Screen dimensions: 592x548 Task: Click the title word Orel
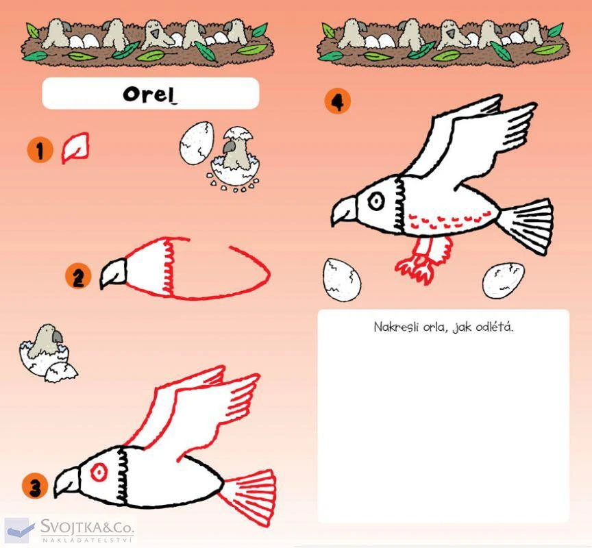click(150, 94)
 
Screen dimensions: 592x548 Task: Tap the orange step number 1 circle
click(40, 150)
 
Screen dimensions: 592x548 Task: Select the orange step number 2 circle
click(78, 277)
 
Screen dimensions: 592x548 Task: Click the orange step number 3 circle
click(35, 486)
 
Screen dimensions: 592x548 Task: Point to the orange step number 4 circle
click(338, 101)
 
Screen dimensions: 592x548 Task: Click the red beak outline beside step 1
click(75, 148)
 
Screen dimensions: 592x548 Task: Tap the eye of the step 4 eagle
click(376, 201)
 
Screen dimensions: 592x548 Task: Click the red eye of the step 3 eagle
click(99, 471)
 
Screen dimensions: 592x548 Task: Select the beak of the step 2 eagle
click(113, 273)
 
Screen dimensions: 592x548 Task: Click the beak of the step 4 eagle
click(344, 212)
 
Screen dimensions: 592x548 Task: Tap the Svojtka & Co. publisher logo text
click(87, 527)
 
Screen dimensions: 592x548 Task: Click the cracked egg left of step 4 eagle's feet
click(342, 280)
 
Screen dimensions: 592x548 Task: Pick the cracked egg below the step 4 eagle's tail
click(504, 280)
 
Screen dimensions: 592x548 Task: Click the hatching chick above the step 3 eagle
click(47, 353)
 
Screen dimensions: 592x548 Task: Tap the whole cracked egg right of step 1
click(197, 143)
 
